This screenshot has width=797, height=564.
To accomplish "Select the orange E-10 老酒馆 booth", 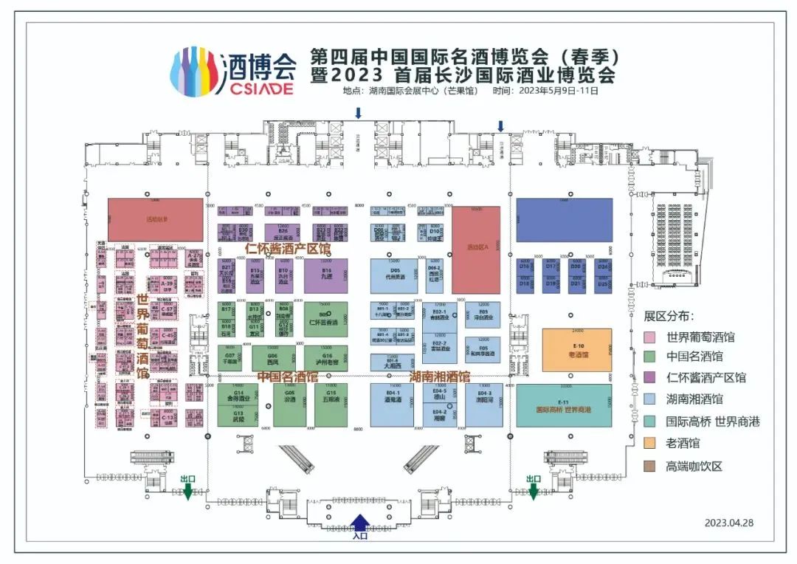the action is pos(577,350).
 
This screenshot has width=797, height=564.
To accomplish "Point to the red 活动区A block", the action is pos(476,250).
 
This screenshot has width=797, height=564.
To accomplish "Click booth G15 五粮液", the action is pos(331,405).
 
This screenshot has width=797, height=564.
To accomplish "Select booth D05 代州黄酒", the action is pos(394,275).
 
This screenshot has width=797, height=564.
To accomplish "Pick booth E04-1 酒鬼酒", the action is pos(393,405).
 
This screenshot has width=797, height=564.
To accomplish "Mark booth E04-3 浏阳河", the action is pos(484,405).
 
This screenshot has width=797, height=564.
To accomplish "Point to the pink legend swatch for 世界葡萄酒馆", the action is pos(650,338).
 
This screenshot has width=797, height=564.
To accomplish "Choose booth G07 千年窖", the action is pos(230,360).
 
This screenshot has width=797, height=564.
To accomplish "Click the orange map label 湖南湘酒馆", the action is pos(440,376).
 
